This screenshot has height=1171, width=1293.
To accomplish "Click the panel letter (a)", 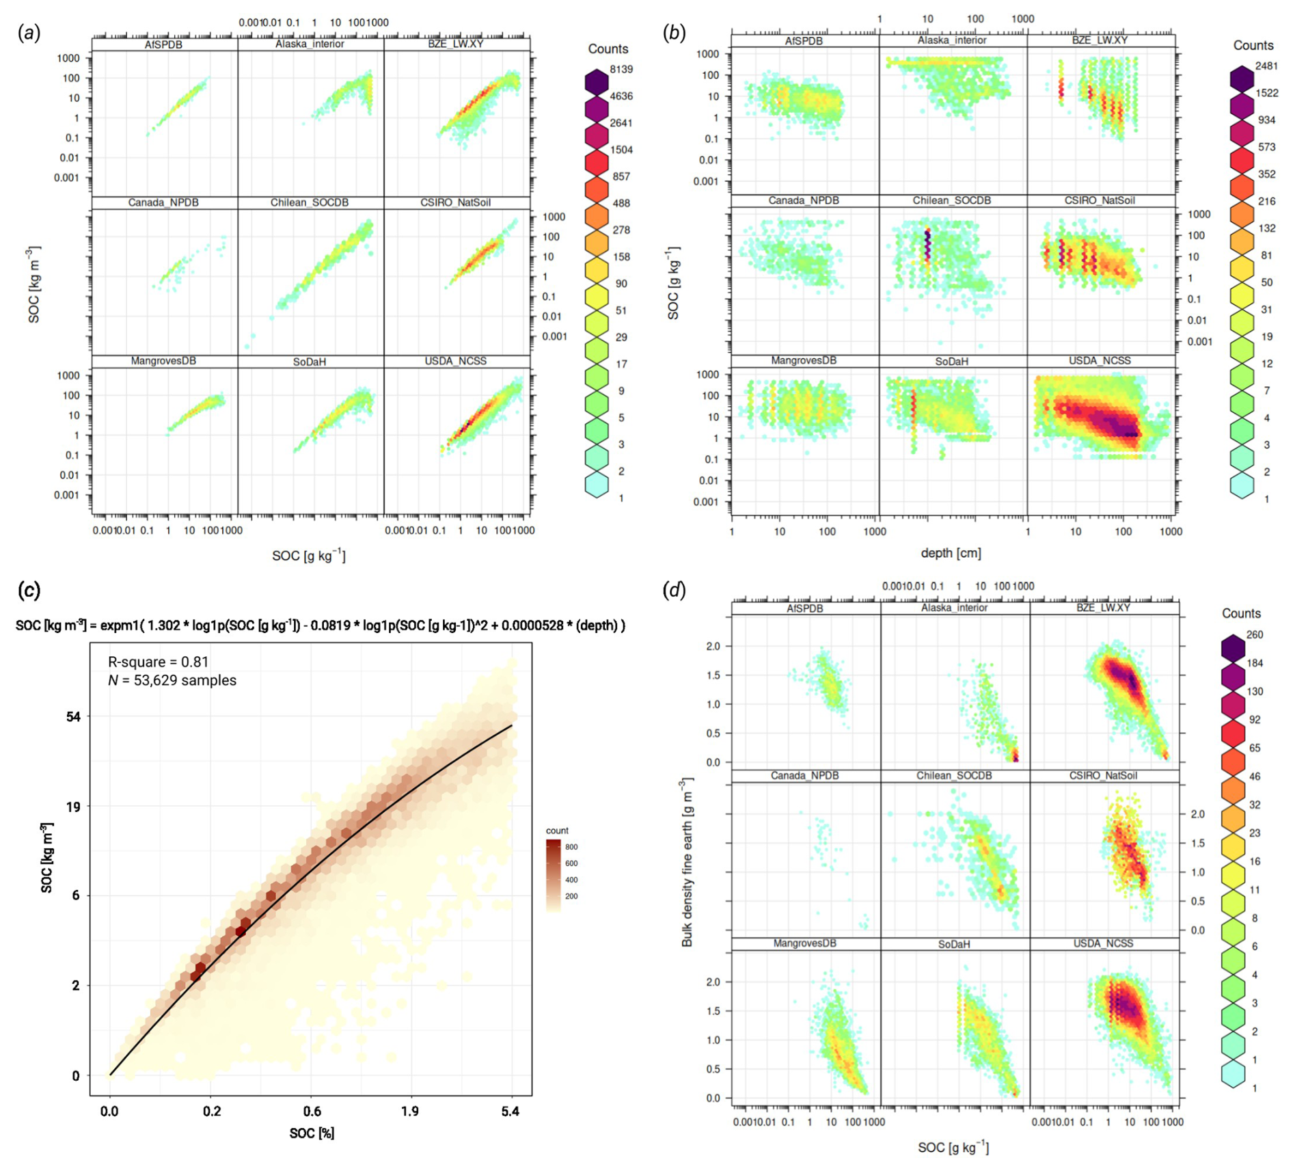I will [29, 33].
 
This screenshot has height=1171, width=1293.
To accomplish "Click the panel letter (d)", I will [675, 590].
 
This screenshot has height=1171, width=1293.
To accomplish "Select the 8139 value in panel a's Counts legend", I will [621, 69].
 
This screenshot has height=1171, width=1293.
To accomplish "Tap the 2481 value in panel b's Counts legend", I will [1266, 66].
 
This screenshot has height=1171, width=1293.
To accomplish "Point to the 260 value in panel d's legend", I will [1255, 634].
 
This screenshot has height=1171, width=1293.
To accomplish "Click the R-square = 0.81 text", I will [158, 662].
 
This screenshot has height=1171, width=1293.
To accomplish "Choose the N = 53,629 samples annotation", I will [172, 680].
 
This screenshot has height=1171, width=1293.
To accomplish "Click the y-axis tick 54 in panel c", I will [73, 716].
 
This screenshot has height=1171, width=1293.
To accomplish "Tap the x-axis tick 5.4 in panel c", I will [510, 1112].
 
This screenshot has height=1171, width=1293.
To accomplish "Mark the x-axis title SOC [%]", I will [312, 1133].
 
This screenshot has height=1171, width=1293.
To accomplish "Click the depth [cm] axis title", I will [951, 552].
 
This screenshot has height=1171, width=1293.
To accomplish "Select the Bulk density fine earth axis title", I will [687, 861].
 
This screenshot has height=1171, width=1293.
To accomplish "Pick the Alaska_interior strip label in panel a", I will [310, 44].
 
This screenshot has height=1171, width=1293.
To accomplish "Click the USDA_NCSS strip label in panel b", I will [1100, 360].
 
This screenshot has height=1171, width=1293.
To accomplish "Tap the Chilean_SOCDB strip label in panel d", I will [954, 775].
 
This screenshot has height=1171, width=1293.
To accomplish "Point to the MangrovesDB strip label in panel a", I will [163, 360].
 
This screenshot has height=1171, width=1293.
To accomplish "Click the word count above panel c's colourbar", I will [557, 831].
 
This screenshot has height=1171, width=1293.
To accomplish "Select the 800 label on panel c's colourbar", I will [571, 847].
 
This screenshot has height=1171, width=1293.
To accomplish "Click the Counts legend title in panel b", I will [1253, 45].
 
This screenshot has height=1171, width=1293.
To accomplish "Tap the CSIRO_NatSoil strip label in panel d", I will [1103, 775].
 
